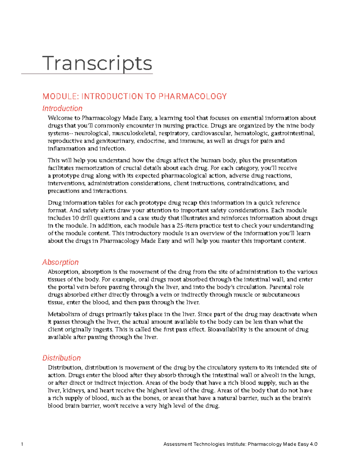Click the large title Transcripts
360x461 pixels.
pos(97,63)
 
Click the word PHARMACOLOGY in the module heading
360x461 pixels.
pos(192,96)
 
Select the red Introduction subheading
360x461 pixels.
pos(62,108)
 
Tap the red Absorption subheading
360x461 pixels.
pos(60,262)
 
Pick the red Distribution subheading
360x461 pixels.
pos(61,358)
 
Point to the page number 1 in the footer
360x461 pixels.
pos(22,444)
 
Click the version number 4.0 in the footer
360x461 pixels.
pos(313,444)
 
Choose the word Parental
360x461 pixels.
pos(280,287)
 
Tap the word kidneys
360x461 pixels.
pos(74,390)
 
